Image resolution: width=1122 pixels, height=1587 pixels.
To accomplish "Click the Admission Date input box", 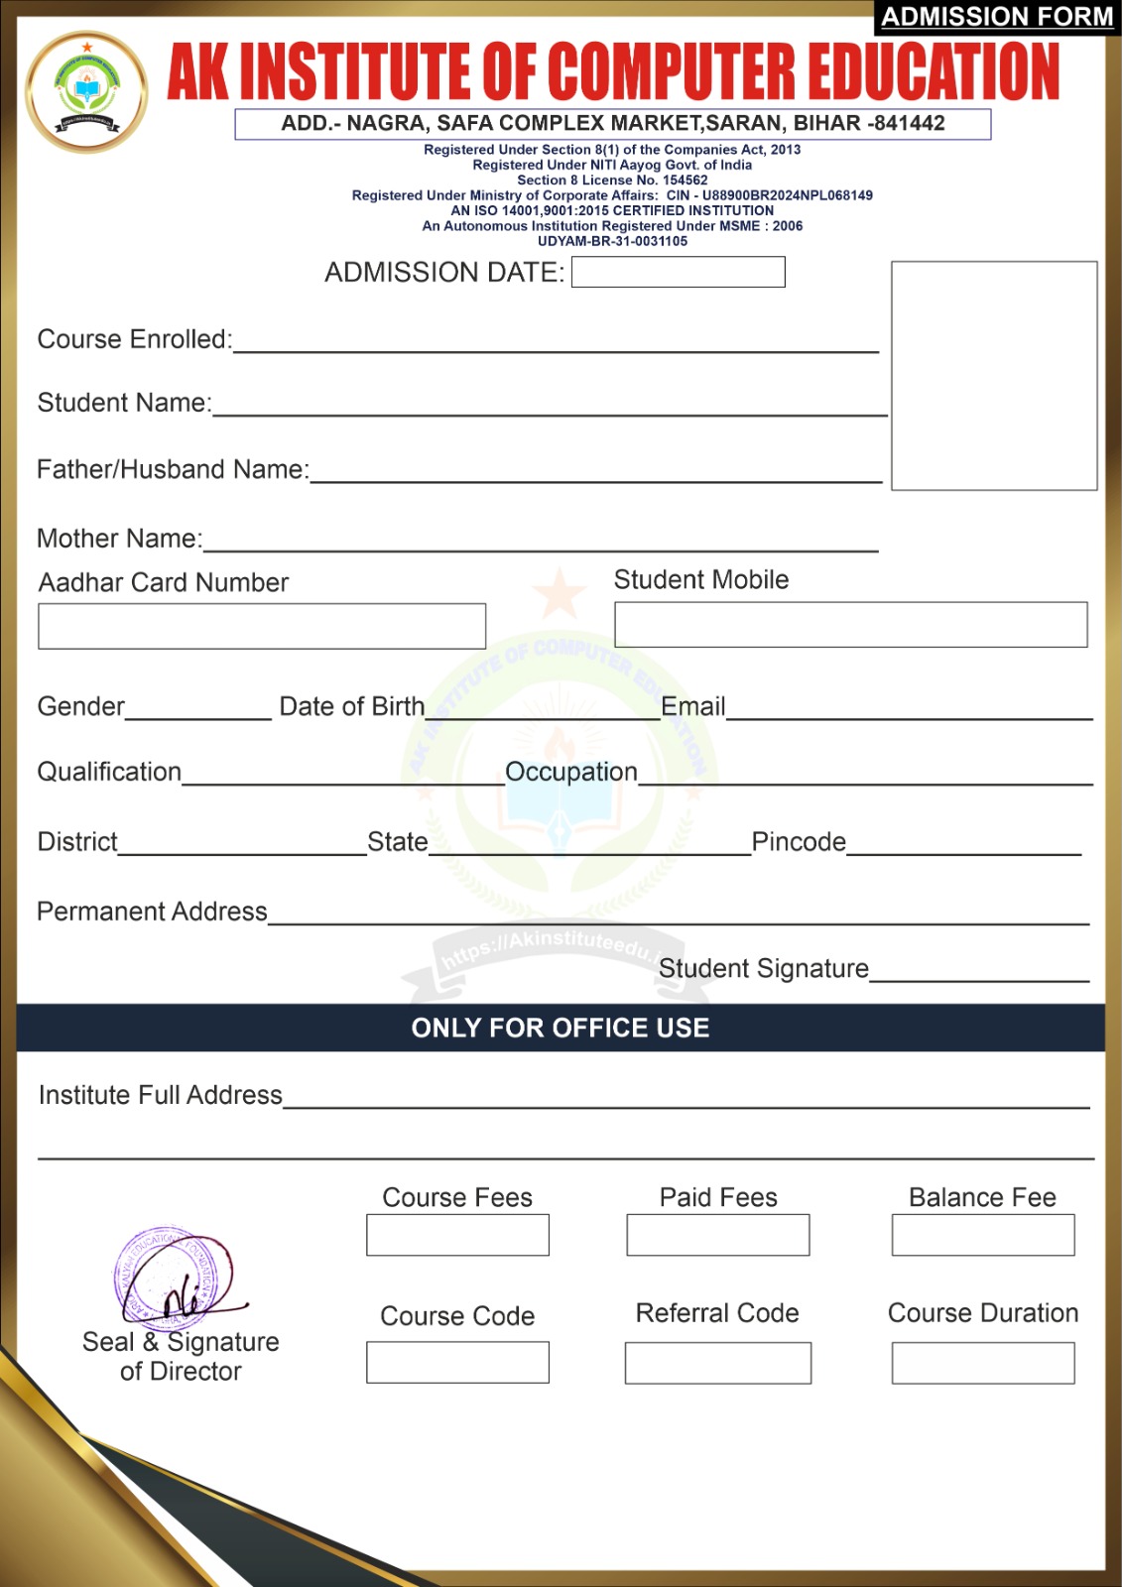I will (678, 272).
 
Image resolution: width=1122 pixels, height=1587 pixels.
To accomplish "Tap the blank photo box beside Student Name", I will (994, 375).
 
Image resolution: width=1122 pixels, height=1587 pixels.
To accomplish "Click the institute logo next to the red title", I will (87, 91).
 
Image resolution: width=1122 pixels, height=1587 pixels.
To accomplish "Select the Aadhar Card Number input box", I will (262, 626).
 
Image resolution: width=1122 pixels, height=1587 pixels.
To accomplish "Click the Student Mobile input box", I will (850, 624).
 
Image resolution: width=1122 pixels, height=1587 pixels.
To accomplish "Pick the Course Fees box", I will (457, 1235).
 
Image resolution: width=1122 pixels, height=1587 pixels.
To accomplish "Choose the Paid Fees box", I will (717, 1235).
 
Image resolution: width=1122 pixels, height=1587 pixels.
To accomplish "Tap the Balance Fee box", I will (982, 1235).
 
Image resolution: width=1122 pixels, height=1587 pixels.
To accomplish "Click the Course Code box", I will (457, 1362).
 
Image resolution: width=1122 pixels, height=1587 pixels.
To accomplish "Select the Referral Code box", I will (717, 1363).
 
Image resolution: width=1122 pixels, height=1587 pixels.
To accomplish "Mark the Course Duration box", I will (982, 1363).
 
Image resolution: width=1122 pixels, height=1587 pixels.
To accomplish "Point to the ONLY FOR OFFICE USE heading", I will (561, 1028).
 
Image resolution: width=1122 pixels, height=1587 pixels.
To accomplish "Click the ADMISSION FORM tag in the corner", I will (997, 17).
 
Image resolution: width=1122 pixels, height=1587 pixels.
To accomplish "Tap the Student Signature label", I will (763, 968).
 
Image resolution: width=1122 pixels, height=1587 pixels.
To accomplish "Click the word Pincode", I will (799, 842).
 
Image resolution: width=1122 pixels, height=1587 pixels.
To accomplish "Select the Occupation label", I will (571, 772).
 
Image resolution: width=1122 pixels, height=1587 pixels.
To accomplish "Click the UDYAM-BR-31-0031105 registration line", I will (612, 241).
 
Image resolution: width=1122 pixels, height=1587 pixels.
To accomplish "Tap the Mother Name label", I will (119, 539).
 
